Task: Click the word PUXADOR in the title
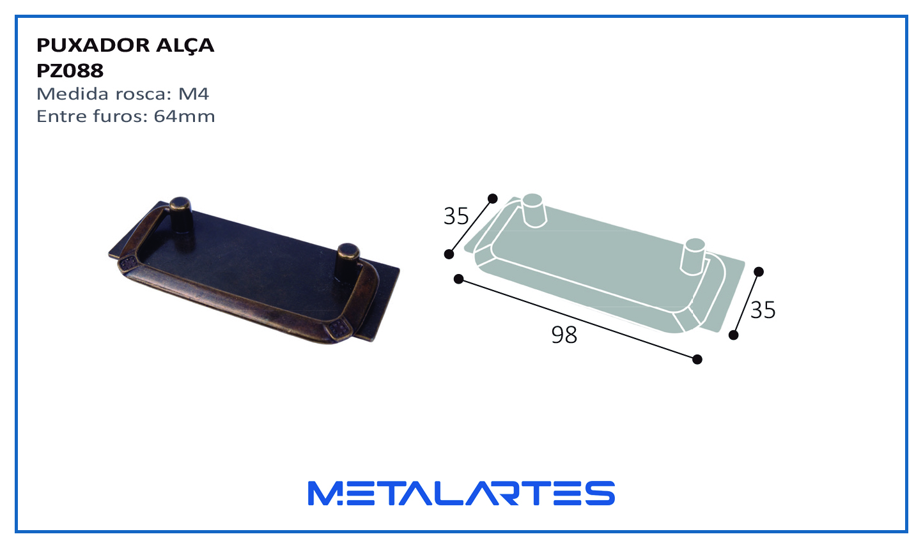(93, 45)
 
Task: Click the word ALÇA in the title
(185, 45)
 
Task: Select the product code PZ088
(70, 71)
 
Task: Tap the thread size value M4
(193, 94)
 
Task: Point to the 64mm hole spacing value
(184, 116)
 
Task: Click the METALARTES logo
(461, 493)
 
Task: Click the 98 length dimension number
(564, 335)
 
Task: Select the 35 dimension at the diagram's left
(456, 216)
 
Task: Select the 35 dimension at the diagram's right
(763, 310)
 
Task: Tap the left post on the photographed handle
(182, 215)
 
